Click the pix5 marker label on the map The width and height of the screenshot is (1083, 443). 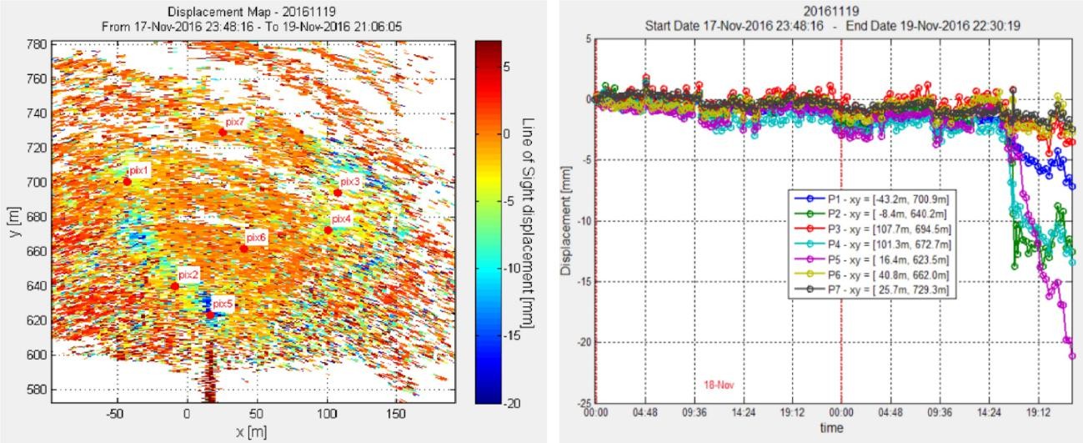pyautogui.click(x=221, y=304)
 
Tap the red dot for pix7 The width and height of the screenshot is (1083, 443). pyautogui.click(x=223, y=132)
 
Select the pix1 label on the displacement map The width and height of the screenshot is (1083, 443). pyautogui.click(x=139, y=171)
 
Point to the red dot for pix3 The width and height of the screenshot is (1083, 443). pyautogui.click(x=338, y=193)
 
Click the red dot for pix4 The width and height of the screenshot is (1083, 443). pyautogui.click(x=328, y=230)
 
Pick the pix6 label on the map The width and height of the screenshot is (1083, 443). pyautogui.click(x=257, y=238)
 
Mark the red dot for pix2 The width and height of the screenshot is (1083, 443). pyautogui.click(x=175, y=286)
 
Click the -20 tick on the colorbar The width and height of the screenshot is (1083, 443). pyautogui.click(x=512, y=403)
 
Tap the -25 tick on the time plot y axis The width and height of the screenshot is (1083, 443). pyautogui.click(x=584, y=403)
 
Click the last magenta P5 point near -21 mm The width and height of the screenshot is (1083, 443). pyautogui.click(x=1072, y=356)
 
